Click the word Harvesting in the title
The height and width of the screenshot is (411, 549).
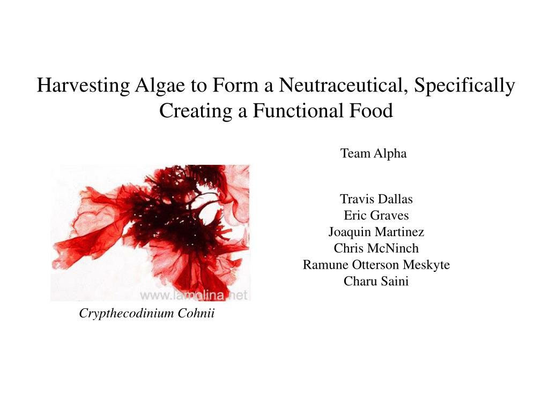point(83,85)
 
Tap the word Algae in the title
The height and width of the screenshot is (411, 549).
point(160,85)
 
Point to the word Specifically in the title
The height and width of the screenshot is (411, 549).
point(464,85)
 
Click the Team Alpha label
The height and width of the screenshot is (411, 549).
point(373,154)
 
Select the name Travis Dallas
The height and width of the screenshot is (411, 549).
point(376,199)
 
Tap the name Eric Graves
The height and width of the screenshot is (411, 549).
point(376,215)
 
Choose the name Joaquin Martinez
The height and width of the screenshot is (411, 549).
point(376,232)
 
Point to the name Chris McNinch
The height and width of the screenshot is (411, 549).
point(376,248)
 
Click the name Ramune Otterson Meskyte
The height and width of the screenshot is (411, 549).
point(376,265)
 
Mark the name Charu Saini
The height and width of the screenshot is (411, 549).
point(376,281)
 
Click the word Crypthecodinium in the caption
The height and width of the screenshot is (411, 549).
point(127,313)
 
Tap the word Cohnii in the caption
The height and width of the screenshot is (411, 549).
point(196,313)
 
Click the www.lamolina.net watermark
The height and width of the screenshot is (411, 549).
point(194,295)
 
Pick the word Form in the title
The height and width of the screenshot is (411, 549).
point(235,85)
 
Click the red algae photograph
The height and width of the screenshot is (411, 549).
point(151,233)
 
